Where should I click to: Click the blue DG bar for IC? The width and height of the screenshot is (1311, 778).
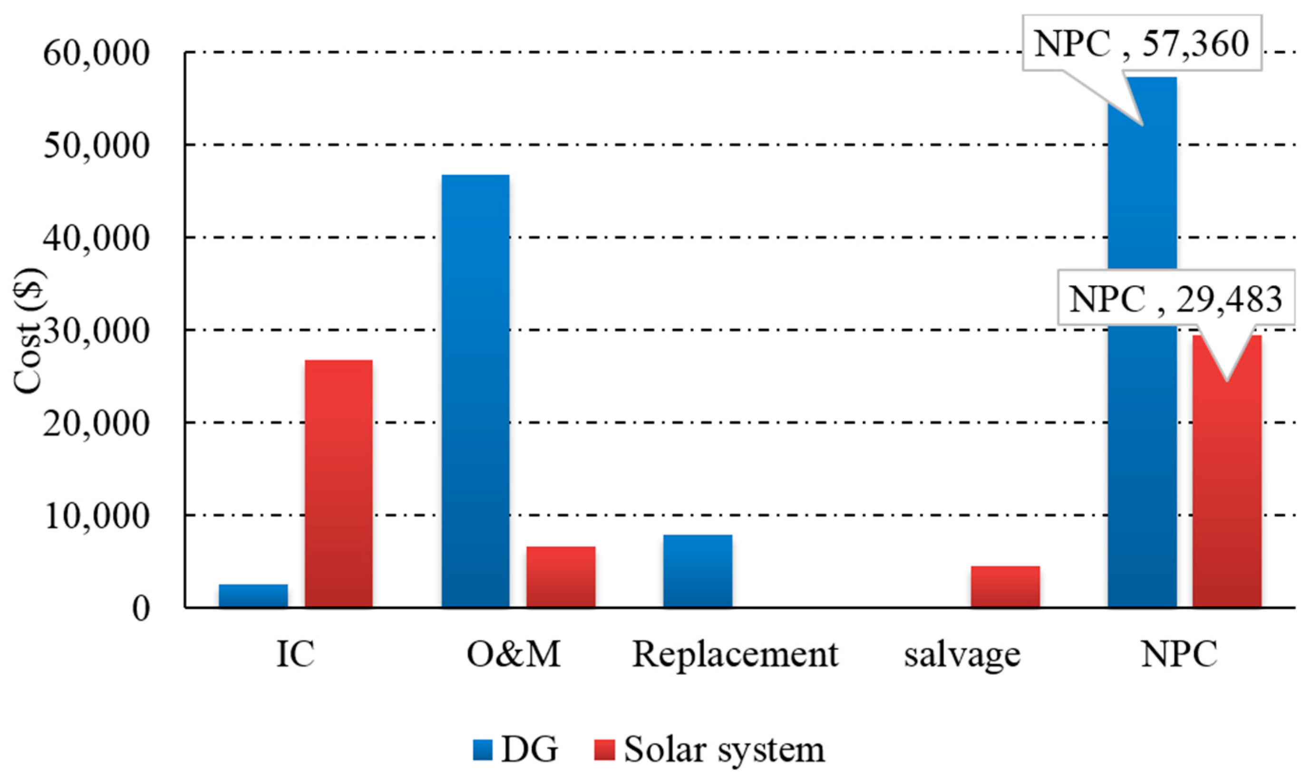coord(253,596)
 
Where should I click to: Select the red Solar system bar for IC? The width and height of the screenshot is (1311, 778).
coord(339,483)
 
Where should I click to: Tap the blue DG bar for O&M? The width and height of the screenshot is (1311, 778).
coord(476,391)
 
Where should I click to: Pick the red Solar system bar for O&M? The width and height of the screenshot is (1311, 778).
coord(561,576)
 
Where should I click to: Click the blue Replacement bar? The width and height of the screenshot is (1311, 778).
coord(698,571)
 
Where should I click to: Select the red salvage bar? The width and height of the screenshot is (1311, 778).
coord(1005,586)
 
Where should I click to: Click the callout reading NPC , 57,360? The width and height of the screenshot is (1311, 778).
coord(1142,43)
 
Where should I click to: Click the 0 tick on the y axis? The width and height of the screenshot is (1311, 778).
coord(141,609)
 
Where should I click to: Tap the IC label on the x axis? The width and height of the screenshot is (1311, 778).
coord(295,654)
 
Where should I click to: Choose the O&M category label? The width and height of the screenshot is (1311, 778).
coord(514,654)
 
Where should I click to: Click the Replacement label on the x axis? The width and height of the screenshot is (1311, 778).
coord(735,654)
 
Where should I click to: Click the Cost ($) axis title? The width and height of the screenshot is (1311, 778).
coord(29,330)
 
